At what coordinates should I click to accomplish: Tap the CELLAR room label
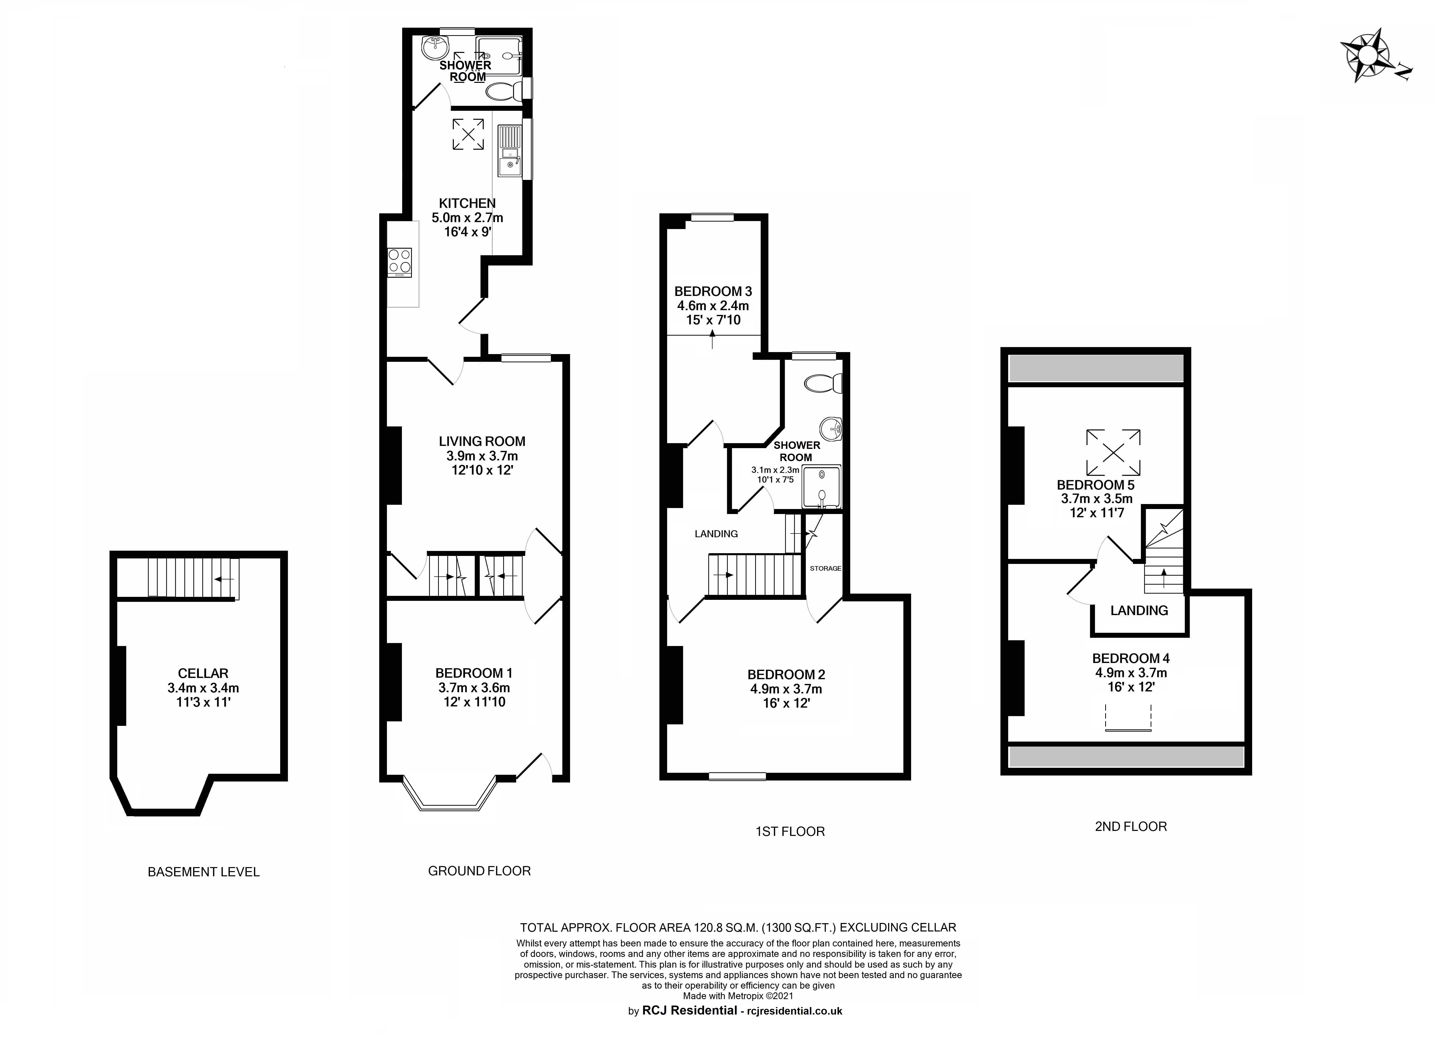[x=203, y=673]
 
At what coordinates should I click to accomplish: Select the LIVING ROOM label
[x=482, y=441]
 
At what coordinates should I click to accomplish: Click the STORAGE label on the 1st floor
[x=825, y=568]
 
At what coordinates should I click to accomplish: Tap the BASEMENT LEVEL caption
[x=204, y=872]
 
